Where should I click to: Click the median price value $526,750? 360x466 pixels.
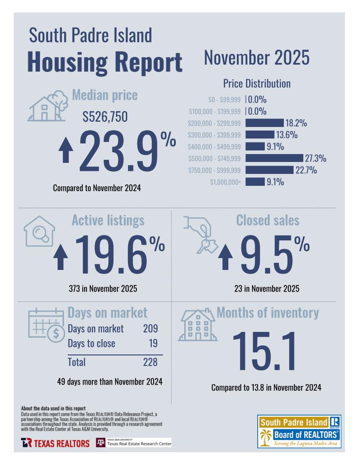(x=105, y=116)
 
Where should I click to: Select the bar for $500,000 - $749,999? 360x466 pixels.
(x=274, y=158)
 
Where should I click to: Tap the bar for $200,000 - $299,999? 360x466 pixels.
(x=264, y=123)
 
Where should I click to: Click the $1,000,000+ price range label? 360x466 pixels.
(x=225, y=182)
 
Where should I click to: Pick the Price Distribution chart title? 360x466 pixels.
(x=257, y=83)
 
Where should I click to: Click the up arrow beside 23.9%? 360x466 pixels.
(x=66, y=150)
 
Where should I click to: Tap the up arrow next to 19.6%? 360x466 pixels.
(x=60, y=258)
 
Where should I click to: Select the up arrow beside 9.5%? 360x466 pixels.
(x=225, y=258)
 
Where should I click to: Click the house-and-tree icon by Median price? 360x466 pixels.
(x=46, y=106)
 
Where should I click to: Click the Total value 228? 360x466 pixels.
(x=150, y=362)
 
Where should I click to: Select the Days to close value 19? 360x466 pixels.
(x=153, y=343)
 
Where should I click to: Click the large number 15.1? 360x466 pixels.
(x=263, y=350)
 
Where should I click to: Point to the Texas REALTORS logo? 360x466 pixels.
(x=55, y=443)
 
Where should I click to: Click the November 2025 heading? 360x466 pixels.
(x=257, y=58)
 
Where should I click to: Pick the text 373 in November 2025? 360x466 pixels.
(x=103, y=289)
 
